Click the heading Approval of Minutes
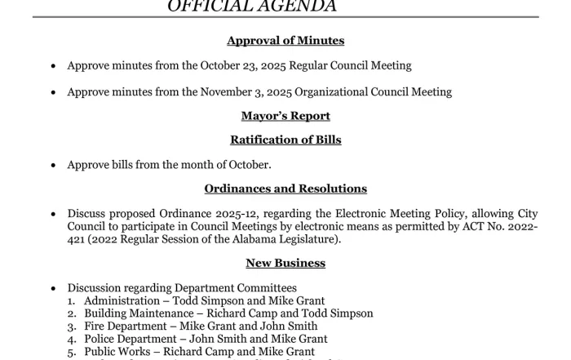click(285, 41)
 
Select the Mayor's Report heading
click(285, 116)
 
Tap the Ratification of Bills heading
click(285, 140)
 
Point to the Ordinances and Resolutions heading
click(285, 189)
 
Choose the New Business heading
click(285, 263)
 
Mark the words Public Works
click(119, 352)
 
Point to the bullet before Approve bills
click(54, 166)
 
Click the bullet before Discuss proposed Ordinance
click(54, 215)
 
